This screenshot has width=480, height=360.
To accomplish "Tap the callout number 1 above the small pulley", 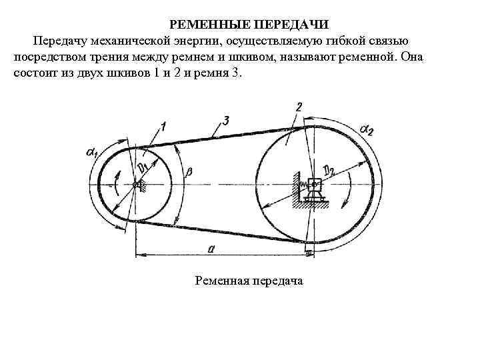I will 163,125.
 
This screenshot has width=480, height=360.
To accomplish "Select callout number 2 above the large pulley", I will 299,106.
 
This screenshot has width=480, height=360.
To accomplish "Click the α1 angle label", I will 92,153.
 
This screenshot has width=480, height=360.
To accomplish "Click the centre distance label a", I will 210,247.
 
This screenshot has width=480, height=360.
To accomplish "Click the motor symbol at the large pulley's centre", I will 313,189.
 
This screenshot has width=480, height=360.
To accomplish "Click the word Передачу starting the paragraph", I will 61,41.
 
